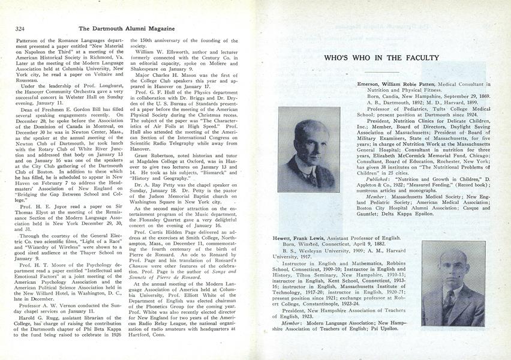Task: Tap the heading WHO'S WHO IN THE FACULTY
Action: click(x=381, y=58)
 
